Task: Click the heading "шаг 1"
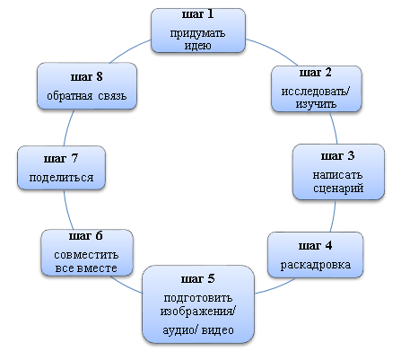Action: tap(198, 14)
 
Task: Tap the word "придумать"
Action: tap(197, 33)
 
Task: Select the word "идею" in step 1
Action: tap(198, 46)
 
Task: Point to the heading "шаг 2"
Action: tap(316, 73)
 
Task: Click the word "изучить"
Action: tap(316, 104)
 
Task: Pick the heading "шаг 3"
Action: tap(338, 155)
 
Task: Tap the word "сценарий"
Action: tap(338, 189)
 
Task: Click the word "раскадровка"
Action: tap(316, 265)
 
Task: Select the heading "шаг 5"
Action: tap(198, 279)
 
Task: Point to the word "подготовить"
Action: tap(198, 298)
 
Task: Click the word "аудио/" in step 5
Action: tap(180, 330)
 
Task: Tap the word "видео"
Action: tap(218, 330)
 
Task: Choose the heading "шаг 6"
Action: tap(86, 236)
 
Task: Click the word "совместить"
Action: tap(86, 255)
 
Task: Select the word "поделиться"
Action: tap(61, 178)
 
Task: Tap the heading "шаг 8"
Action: tap(87, 77)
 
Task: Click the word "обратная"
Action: tap(70, 96)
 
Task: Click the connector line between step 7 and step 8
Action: tap(68, 127)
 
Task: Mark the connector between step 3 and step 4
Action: tap(334, 216)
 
